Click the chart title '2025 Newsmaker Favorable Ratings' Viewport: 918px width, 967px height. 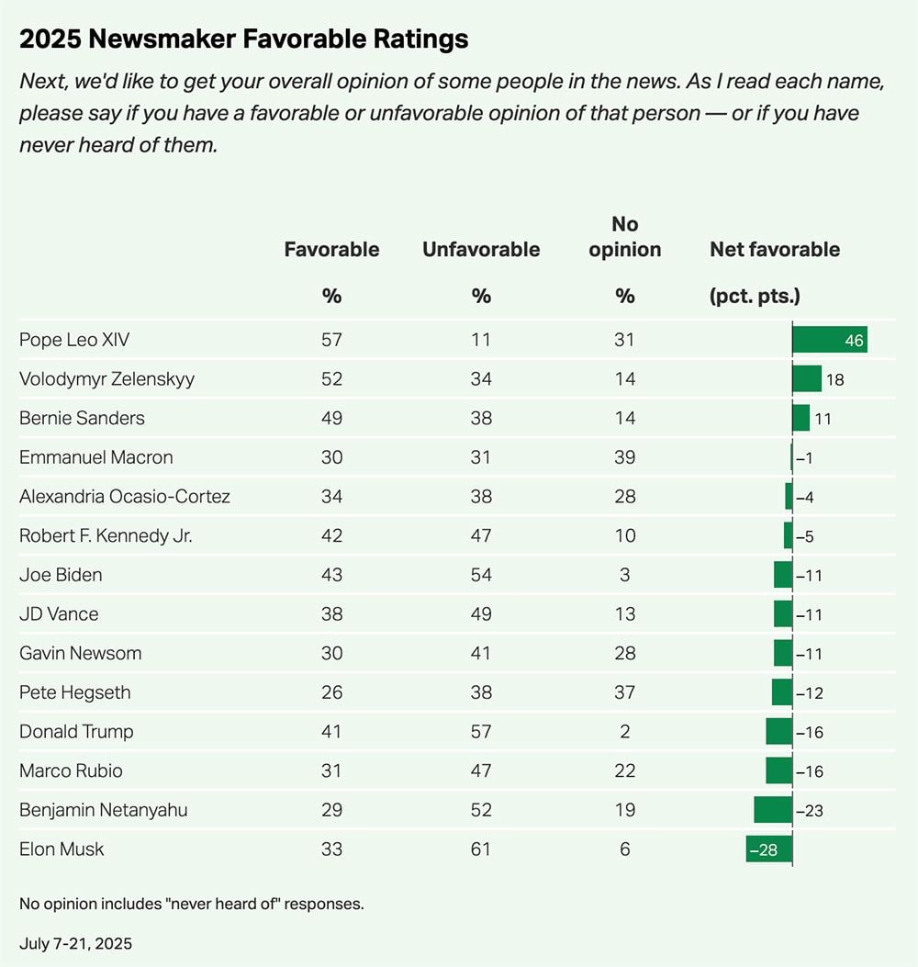tap(243, 39)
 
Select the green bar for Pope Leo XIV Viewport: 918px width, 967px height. tap(829, 340)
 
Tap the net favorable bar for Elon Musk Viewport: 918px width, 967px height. tap(769, 849)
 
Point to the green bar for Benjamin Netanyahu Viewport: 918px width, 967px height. tap(773, 810)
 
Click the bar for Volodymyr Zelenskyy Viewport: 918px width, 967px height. tap(807, 379)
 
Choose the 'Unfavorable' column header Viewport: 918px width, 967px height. tap(481, 250)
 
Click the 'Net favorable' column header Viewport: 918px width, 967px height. tap(775, 250)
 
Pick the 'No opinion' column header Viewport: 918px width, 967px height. tap(625, 237)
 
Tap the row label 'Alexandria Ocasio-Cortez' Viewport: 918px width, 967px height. tap(125, 497)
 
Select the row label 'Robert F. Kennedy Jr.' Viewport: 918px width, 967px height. tap(106, 536)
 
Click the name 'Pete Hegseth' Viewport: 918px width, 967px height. tap(75, 692)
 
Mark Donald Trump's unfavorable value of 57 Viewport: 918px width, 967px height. tap(481, 732)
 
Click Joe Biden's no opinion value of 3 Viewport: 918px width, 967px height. tap(625, 575)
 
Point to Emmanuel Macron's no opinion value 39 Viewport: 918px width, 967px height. tap(625, 457)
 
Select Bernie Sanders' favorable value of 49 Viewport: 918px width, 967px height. tap(331, 419)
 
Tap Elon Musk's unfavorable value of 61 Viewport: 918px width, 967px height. tap(481, 849)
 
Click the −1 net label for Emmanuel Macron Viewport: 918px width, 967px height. tap(804, 457)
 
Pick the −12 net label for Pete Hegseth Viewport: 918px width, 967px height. tap(809, 692)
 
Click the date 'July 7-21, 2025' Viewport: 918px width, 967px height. tap(77, 943)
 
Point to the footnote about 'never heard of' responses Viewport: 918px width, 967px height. tap(192, 904)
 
